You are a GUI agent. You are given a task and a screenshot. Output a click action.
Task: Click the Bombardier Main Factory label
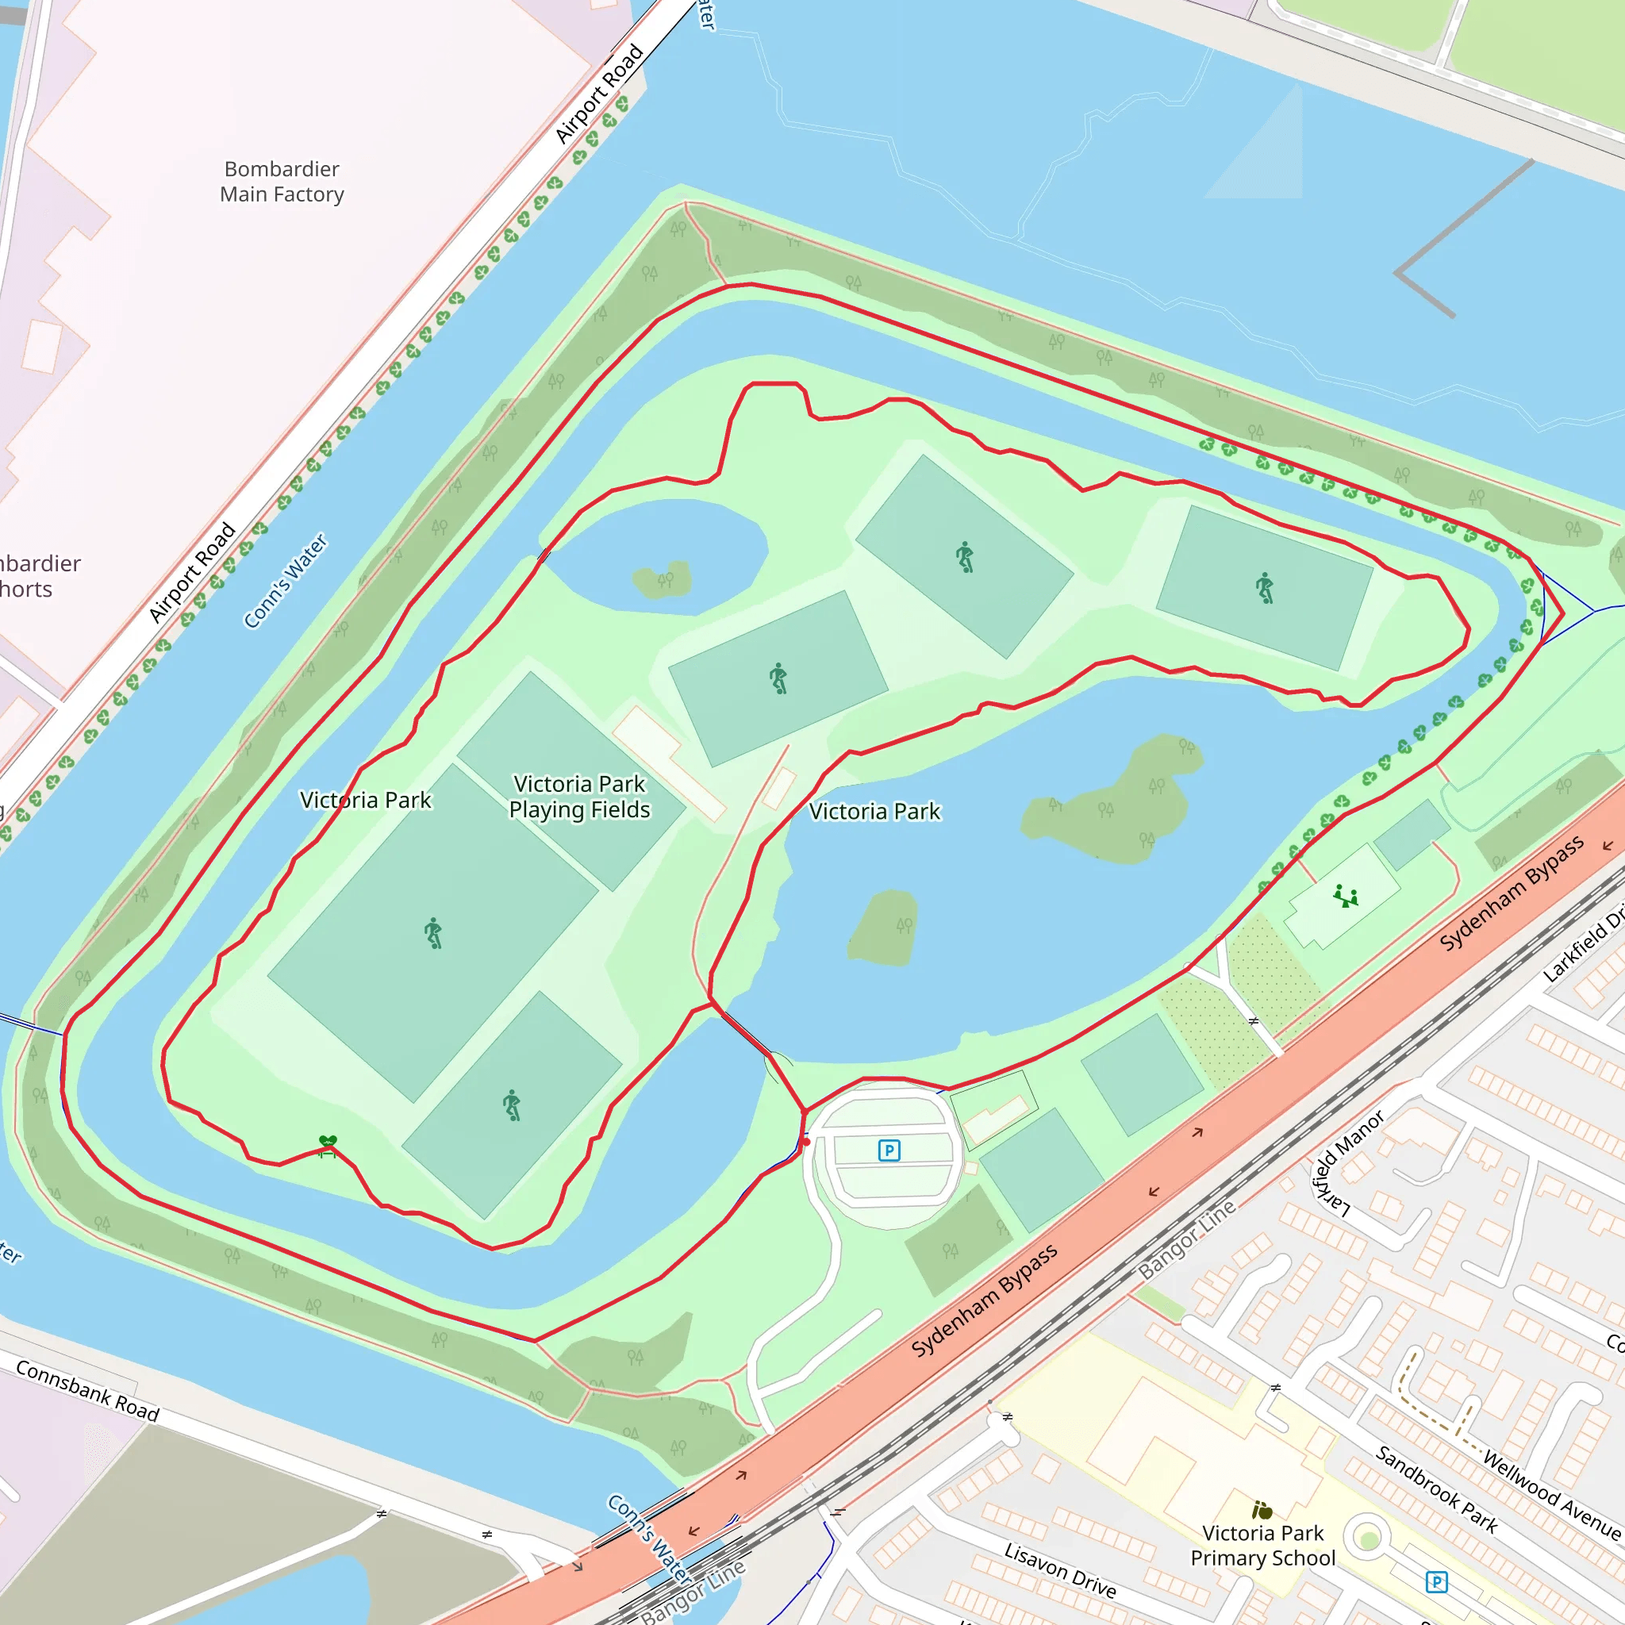coord(282,182)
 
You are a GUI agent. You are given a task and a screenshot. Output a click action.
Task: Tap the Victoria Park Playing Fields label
coord(579,797)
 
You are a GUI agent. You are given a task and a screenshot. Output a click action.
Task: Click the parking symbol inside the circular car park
coord(889,1150)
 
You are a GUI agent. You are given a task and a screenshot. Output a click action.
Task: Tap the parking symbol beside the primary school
coord(1437,1581)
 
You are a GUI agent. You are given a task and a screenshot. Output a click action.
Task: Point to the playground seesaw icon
coord(1346,897)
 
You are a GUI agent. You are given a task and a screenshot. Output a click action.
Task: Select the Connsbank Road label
coord(87,1391)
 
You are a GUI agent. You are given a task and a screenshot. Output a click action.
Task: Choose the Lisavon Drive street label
coord(1060,1569)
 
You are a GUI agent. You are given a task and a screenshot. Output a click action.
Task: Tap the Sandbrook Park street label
coord(1437,1489)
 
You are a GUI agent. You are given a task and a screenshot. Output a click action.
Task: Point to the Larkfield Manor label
coord(1346,1164)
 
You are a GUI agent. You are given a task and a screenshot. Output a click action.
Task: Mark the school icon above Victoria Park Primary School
coord(1262,1510)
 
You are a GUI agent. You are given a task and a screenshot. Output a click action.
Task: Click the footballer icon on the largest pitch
coord(433,933)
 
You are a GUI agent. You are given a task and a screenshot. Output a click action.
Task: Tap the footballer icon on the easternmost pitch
coord(1264,588)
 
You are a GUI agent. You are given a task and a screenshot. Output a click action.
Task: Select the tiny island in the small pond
coord(663,580)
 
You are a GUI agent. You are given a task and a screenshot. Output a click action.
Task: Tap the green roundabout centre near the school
coord(1370,1539)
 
